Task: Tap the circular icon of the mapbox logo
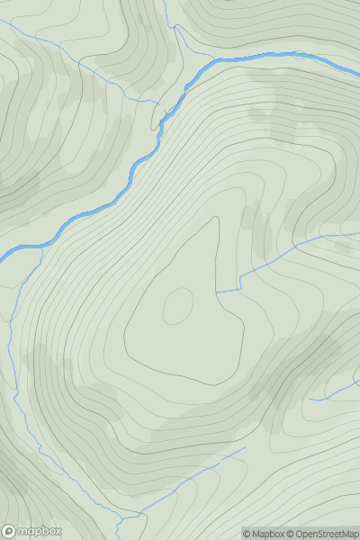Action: tap(10, 531)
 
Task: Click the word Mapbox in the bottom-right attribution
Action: tap(269, 534)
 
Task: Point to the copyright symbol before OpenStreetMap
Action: tap(292, 534)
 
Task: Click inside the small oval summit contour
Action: tap(177, 306)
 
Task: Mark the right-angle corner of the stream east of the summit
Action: tap(240, 289)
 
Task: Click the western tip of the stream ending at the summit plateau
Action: tap(216, 292)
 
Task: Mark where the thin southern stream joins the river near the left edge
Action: tap(40, 245)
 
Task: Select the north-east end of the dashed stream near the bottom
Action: tap(245, 447)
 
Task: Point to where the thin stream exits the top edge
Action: tap(166, 1)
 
